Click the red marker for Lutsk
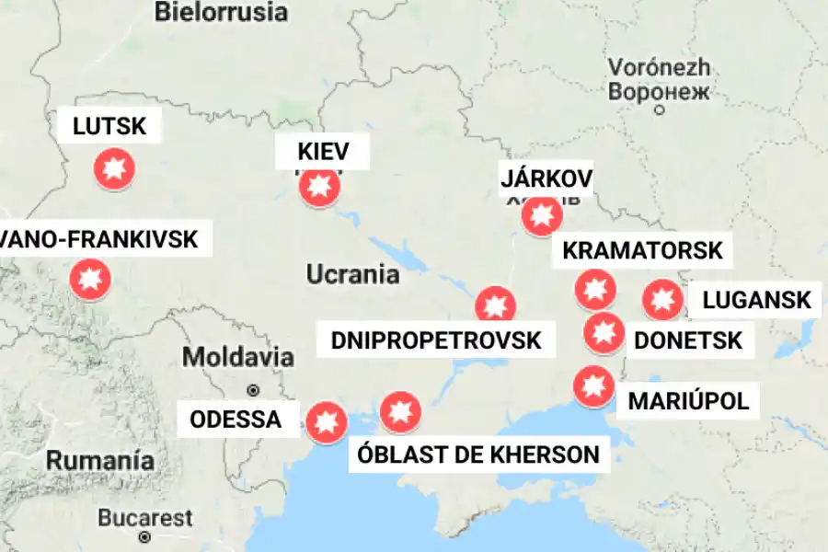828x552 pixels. [x=115, y=169]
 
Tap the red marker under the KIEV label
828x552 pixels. [x=319, y=187]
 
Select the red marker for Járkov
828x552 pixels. [x=541, y=216]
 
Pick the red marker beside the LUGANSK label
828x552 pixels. [x=661, y=299]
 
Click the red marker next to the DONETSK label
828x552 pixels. [x=604, y=332]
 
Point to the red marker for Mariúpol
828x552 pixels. [x=592, y=386]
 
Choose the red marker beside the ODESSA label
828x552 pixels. [x=326, y=423]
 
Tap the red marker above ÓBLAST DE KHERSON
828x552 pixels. [x=400, y=412]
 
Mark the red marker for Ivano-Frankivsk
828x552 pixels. [x=90, y=279]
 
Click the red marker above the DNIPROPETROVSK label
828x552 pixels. [x=495, y=305]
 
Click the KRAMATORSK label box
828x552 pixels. [x=643, y=249]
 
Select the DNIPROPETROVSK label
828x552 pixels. [x=436, y=340]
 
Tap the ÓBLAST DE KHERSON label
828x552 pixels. [x=479, y=454]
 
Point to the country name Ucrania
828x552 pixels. [x=352, y=274]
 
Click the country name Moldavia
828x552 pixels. [x=238, y=357]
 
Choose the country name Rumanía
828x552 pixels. [x=101, y=459]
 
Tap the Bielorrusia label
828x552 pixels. [x=221, y=12]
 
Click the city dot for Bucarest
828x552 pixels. [x=144, y=536]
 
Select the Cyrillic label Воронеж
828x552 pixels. [x=659, y=92]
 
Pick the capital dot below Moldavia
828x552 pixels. [x=253, y=389]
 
